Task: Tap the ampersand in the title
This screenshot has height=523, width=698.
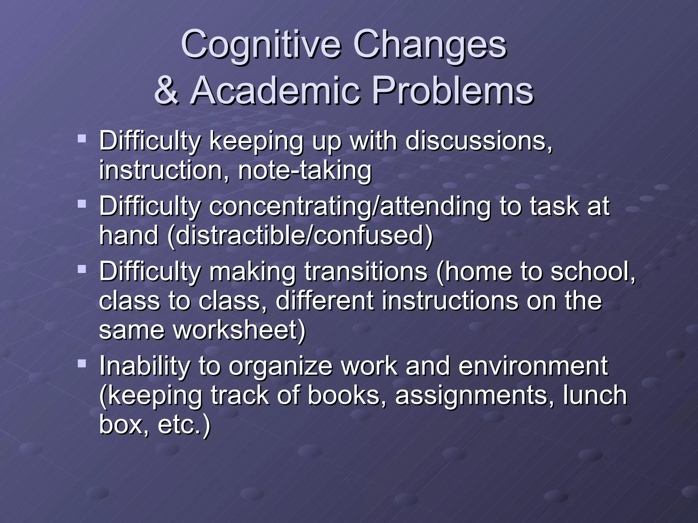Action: point(166,91)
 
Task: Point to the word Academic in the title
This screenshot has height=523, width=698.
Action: point(275,91)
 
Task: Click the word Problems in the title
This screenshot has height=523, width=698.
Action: point(452,91)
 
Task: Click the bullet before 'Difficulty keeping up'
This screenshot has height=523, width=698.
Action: point(82,138)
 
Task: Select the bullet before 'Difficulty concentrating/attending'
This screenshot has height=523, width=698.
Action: point(82,204)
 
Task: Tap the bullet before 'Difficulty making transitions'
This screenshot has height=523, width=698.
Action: point(82,269)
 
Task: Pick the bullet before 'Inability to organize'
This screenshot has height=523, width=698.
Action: point(82,364)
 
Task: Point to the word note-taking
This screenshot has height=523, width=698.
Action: point(304,170)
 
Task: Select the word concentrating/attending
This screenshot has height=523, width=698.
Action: point(350,206)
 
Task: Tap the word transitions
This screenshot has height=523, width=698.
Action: point(366,271)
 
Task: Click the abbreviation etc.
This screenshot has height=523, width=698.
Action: point(183,425)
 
